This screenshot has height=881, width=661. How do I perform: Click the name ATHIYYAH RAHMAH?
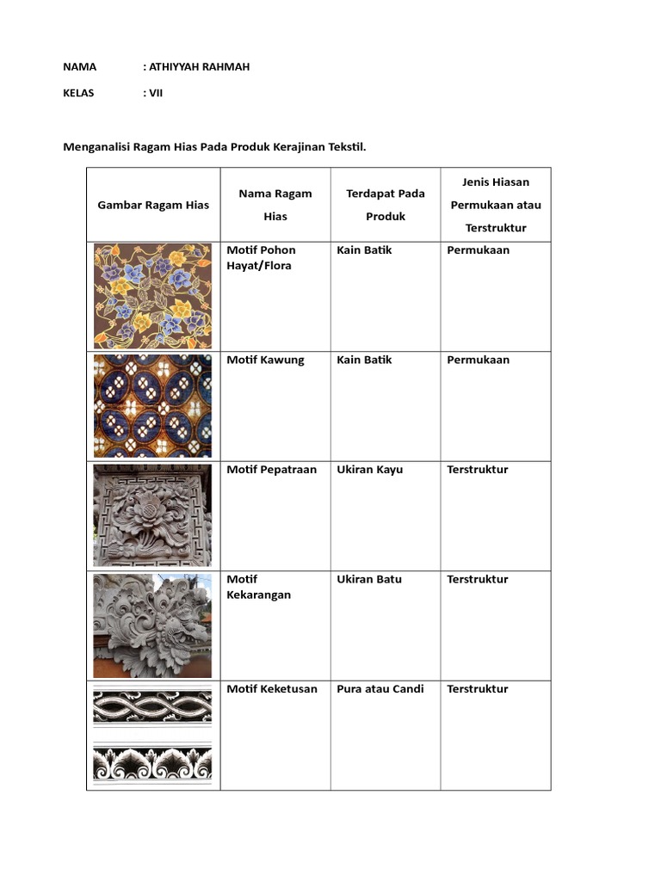(200, 66)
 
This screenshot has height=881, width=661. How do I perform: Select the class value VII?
(156, 93)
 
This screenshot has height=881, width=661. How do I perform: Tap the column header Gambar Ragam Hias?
(153, 205)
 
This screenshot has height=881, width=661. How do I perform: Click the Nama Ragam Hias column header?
(275, 205)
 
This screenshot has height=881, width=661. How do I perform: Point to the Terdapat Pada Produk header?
(386, 205)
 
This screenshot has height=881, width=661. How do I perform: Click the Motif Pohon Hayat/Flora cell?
(261, 258)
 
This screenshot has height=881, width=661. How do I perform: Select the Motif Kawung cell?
(265, 360)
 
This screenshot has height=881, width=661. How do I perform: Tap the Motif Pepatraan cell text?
(271, 470)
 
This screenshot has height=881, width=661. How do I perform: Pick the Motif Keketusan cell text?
(272, 689)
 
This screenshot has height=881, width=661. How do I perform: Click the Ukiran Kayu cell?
(369, 470)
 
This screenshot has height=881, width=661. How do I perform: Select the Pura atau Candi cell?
(380, 689)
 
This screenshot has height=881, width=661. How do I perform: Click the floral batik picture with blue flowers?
(152, 296)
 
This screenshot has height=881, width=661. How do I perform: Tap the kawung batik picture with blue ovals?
(152, 405)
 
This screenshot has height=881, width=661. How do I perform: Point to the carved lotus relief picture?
(152, 515)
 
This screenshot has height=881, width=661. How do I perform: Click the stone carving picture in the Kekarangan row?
(152, 625)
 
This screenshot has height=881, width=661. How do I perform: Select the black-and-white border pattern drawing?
(152, 736)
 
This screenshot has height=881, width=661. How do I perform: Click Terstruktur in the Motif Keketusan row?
(478, 689)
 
